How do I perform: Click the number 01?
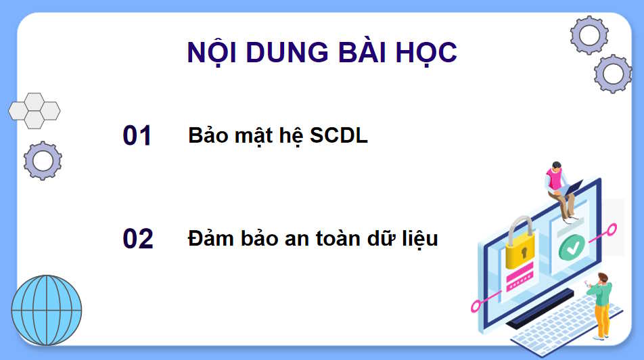coord(137,136)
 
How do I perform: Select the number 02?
coord(138,240)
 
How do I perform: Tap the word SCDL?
coord(339,136)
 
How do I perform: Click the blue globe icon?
coord(47,310)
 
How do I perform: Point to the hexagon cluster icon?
coord(34,110)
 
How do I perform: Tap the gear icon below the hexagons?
coord(43,160)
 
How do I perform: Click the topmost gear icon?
coord(589,35)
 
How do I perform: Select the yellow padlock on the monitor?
coord(520,245)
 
